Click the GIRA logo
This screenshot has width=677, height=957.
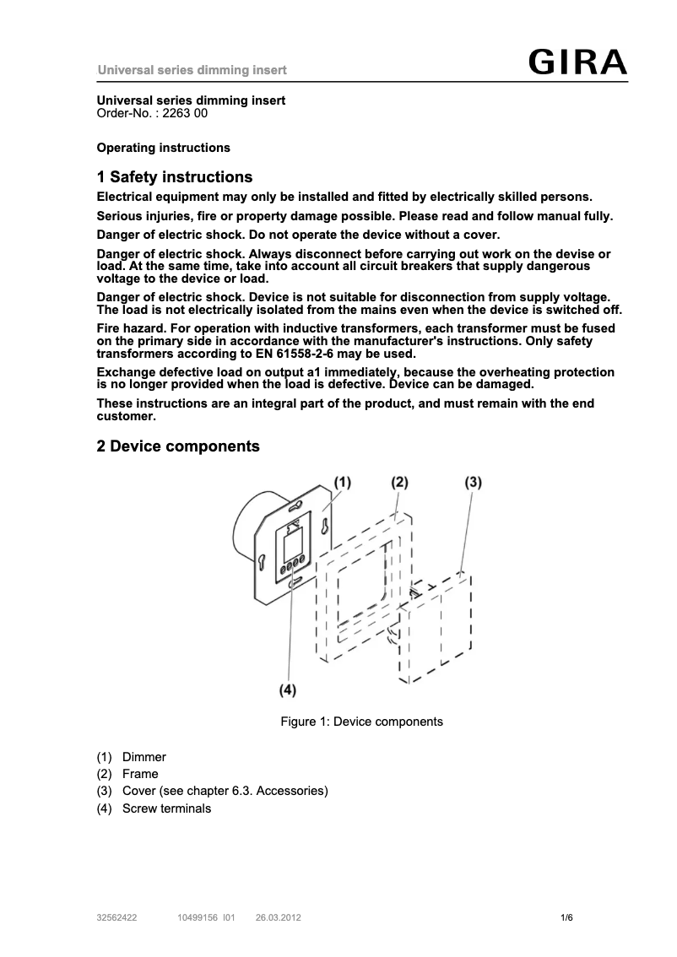578,62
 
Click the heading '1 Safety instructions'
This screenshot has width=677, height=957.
175,177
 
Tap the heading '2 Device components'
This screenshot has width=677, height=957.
178,446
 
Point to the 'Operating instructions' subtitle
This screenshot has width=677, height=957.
164,148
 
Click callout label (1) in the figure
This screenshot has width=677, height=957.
341,482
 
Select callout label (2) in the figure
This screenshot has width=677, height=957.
399,482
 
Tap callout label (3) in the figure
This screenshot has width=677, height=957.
473,482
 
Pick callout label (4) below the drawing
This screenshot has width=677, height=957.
288,689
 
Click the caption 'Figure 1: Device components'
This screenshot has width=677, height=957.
361,722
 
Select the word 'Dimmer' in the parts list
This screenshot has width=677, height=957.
144,757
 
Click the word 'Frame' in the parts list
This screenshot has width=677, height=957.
140,774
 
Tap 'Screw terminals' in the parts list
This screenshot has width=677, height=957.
166,808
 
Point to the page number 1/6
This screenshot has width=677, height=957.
566,917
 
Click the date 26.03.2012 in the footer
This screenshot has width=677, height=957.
278,917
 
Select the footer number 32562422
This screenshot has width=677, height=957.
117,917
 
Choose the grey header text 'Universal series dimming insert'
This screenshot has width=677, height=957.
192,70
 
